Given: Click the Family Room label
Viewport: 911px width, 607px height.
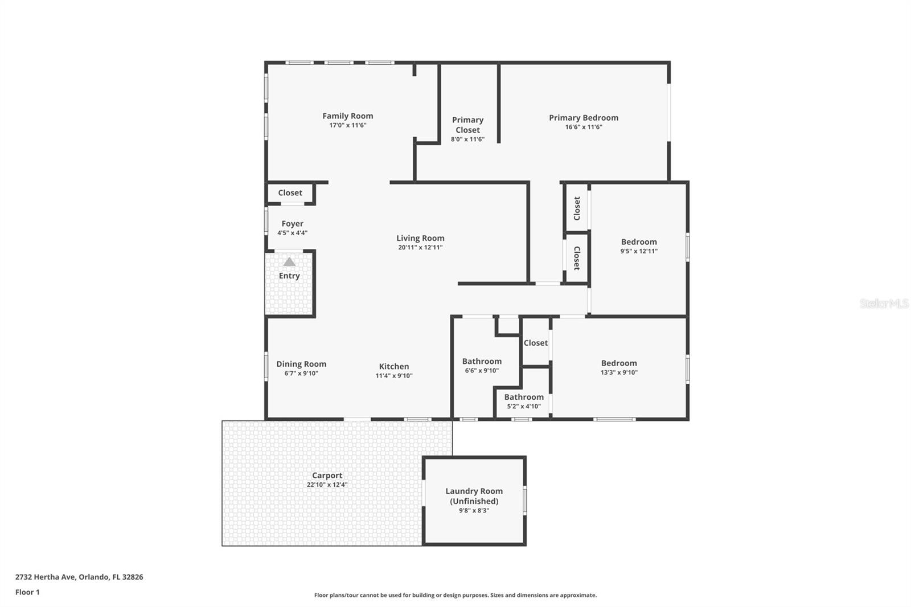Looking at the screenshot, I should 347,116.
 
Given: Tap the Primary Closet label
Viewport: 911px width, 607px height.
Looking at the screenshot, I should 467,125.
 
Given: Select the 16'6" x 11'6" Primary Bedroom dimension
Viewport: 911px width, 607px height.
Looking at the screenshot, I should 583,127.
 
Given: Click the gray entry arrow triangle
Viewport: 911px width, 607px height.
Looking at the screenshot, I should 289,262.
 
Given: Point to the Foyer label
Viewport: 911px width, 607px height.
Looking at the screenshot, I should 292,224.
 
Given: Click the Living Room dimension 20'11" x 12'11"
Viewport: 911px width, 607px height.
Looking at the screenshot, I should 420,248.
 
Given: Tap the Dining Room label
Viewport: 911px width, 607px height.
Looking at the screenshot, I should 301,364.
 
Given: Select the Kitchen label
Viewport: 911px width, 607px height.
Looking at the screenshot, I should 394,366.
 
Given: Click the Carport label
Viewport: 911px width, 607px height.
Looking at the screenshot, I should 327,475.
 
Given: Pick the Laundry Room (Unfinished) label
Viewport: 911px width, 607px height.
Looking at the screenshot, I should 474,496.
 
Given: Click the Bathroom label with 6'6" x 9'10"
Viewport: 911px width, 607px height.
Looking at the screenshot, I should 482,361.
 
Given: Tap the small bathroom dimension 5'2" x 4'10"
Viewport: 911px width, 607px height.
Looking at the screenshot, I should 524,407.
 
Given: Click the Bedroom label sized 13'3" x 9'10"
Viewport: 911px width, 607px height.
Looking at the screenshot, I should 619,363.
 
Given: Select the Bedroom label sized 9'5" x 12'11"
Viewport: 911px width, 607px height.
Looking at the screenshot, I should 639,241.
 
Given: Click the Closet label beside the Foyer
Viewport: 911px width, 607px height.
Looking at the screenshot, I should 290,193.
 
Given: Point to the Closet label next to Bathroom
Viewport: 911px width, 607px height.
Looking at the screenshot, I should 535,343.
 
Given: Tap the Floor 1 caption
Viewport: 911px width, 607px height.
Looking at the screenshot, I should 27,592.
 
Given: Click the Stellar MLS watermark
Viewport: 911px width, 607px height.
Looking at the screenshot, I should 884,303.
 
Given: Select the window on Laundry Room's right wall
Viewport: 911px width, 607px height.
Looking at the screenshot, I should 524,501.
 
